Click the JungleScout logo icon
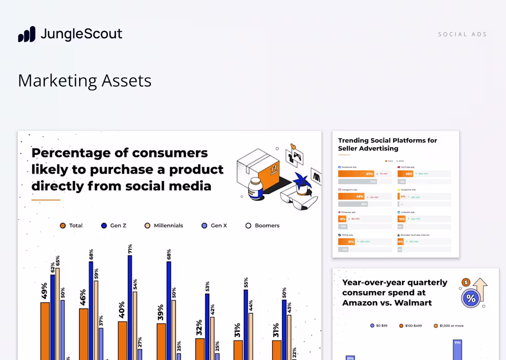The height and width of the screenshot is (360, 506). tap(27, 35)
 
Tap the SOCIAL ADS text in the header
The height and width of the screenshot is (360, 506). tap(462, 35)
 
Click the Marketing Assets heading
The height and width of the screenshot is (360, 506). tap(85, 81)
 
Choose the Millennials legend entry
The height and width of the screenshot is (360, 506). tap(164, 226)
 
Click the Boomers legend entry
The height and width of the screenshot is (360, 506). tap(263, 226)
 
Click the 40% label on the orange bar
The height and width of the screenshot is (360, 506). tap(122, 311)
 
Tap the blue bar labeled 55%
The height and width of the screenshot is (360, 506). tap(246, 325)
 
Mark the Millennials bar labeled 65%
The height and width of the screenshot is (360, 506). tap(57, 313)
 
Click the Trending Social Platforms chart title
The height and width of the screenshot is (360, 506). tap(387, 144)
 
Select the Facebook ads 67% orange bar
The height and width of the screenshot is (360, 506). tap(356, 174)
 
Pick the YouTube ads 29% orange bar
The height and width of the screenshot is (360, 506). tap(405, 174)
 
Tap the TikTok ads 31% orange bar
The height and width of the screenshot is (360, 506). tap(346, 242)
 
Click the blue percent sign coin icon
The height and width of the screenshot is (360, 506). tap(471, 298)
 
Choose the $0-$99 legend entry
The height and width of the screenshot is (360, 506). tap(379, 325)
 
